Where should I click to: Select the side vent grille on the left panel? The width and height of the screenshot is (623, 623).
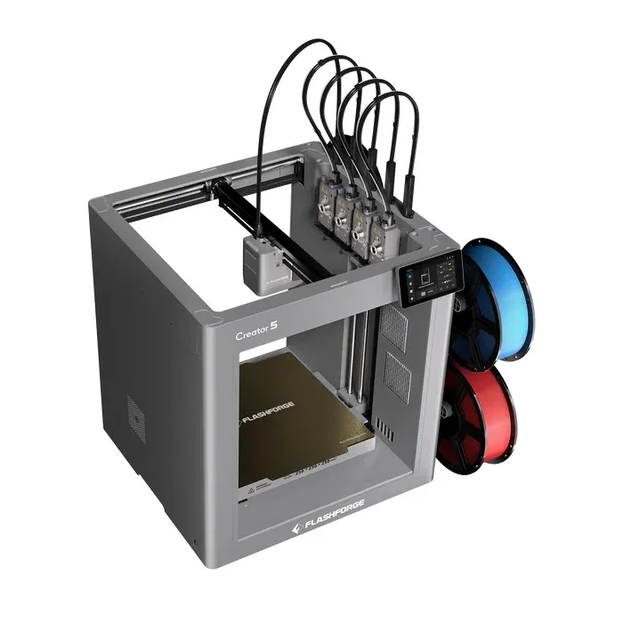click(x=135, y=413)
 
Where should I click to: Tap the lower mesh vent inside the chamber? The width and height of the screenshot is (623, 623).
click(x=397, y=377)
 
